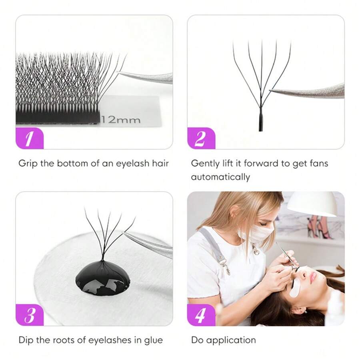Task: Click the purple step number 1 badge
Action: [29, 138]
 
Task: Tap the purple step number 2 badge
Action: [201, 138]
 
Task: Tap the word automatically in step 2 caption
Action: [220, 177]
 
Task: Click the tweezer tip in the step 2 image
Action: [272, 92]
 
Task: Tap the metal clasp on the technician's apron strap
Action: [225, 266]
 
